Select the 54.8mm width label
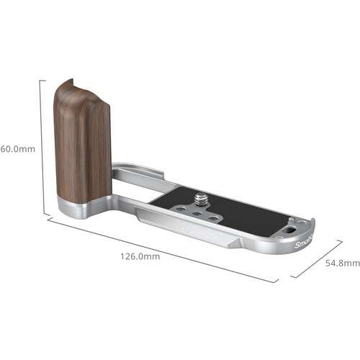click(341, 264)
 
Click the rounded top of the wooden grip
click(72, 84)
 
